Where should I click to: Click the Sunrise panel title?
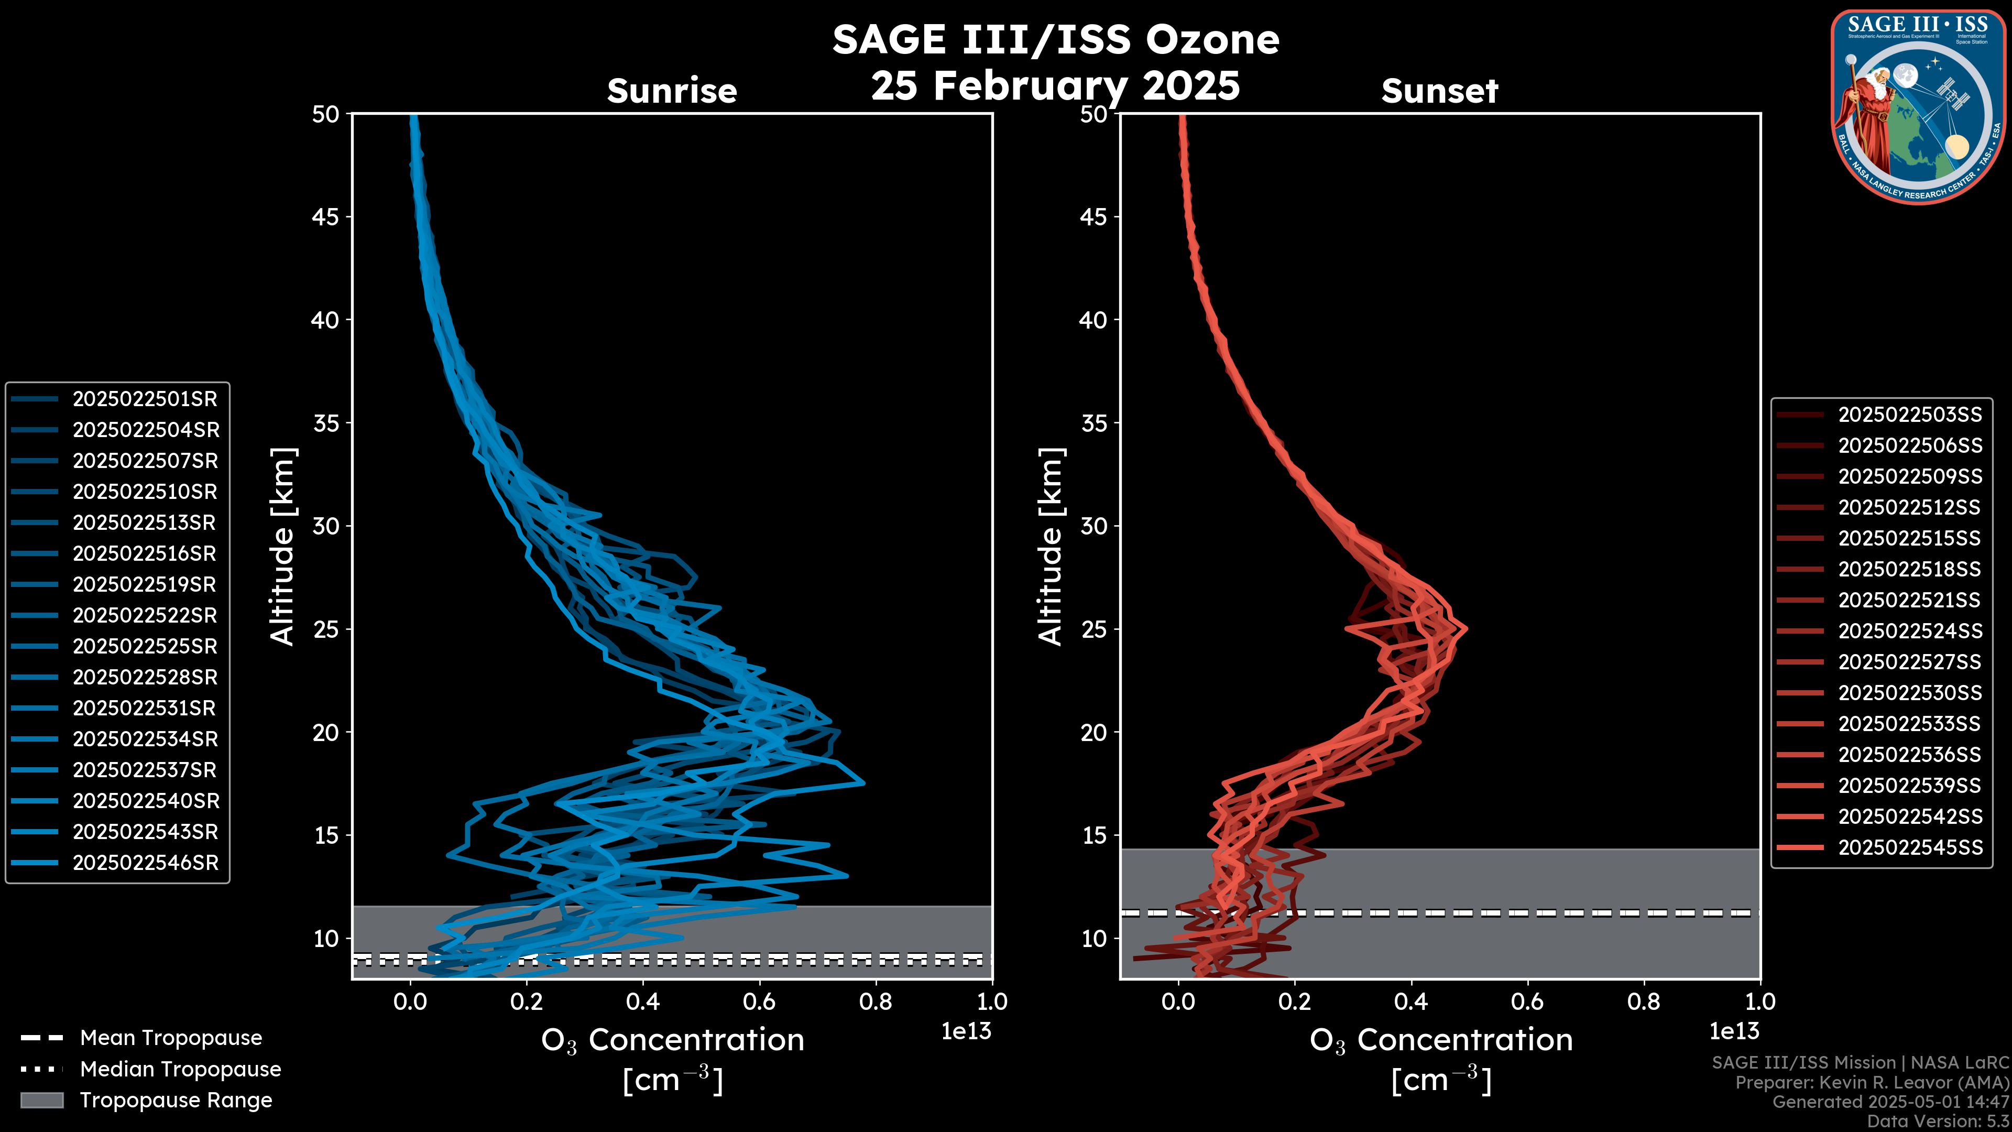tap(672, 91)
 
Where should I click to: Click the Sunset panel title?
tap(1439, 91)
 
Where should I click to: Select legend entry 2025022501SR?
tap(145, 399)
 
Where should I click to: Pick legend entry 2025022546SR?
tap(145, 863)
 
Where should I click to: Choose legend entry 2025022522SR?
tap(145, 616)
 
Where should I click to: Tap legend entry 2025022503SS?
tap(1910, 415)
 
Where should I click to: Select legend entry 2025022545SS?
tap(1910, 847)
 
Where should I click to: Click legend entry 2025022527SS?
tap(1910, 662)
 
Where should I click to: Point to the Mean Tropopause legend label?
tap(171, 1038)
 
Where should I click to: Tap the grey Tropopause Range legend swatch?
tap(41, 1100)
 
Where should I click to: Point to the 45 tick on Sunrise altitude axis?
tap(326, 216)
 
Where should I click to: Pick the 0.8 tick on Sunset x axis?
tap(1643, 1002)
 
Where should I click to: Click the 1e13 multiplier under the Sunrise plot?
tap(966, 1031)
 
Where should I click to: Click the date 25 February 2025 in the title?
tap(1055, 86)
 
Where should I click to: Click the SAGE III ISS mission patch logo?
tap(1918, 107)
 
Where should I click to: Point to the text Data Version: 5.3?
tap(1938, 1121)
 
